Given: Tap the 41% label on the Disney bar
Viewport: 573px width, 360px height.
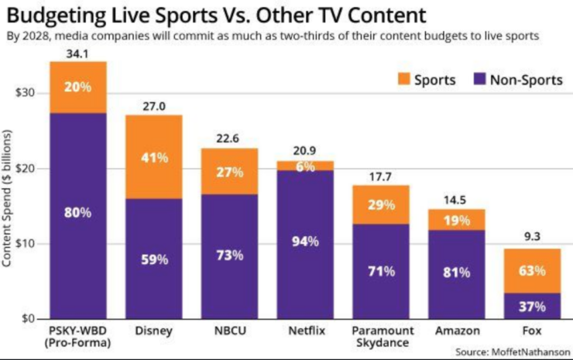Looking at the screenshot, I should tap(154, 158).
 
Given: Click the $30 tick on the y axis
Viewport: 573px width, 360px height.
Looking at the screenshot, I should tap(28, 93).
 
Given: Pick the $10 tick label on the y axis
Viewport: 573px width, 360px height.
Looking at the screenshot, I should tap(28, 243).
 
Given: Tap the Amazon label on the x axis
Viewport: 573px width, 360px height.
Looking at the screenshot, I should tap(451, 331).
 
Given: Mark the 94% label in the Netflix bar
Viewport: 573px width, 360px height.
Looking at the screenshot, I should tap(304, 242).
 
